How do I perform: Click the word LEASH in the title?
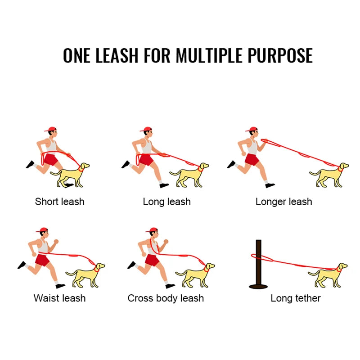click(117, 55)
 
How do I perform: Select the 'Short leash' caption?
click(60, 202)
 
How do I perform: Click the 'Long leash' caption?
click(166, 202)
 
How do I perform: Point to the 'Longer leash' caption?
click(284, 202)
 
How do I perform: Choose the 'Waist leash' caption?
click(60, 298)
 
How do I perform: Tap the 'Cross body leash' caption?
click(166, 298)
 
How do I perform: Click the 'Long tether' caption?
click(296, 298)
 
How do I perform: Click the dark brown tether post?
click(258, 264)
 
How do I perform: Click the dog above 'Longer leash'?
click(329, 175)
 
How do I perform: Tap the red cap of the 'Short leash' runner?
click(51, 129)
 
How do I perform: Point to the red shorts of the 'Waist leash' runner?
click(42, 260)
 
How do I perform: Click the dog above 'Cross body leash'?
click(195, 275)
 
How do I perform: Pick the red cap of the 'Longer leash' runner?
click(252, 129)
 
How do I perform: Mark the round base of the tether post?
click(258, 286)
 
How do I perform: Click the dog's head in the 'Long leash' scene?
click(203, 166)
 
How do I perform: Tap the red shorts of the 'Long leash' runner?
click(146, 160)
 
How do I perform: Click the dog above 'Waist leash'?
click(85, 275)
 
